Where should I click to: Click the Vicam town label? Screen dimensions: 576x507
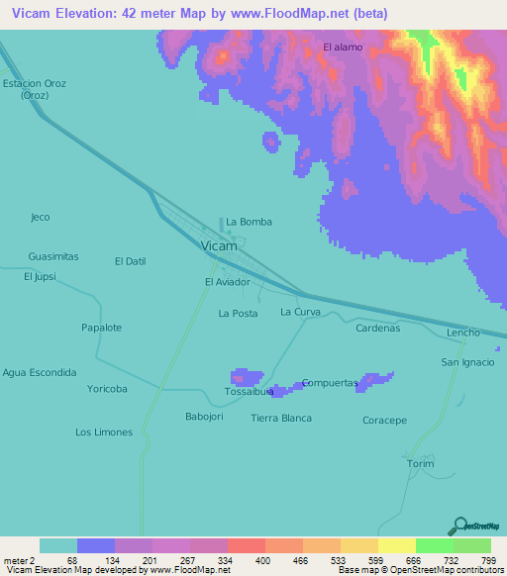click(218, 245)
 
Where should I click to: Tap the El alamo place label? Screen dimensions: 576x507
click(343, 47)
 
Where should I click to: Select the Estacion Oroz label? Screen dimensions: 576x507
click(34, 83)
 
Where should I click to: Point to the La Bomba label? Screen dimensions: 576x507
click(249, 222)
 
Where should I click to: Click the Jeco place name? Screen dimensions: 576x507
click(40, 217)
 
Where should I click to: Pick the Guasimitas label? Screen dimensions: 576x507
click(53, 256)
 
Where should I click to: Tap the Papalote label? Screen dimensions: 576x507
click(101, 328)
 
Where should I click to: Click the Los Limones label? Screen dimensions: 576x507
click(102, 432)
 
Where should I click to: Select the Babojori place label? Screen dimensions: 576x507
click(206, 417)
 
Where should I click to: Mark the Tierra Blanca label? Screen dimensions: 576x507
click(281, 418)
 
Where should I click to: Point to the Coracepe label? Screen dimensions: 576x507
click(384, 421)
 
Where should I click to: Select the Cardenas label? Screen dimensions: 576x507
click(377, 328)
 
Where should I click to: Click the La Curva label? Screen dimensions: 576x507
click(300, 313)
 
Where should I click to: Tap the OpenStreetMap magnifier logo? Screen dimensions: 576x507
click(459, 525)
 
